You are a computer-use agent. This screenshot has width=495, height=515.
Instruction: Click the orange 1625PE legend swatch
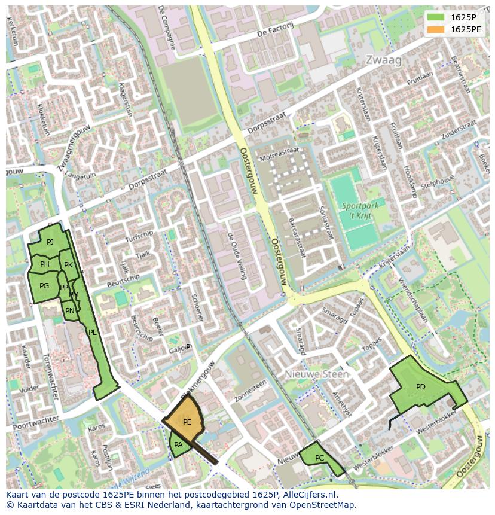pyautogui.click(x=437, y=29)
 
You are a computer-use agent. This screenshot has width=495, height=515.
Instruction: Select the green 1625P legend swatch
pyautogui.click(x=437, y=17)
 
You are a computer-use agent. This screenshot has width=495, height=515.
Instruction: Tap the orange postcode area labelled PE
pyautogui.click(x=187, y=422)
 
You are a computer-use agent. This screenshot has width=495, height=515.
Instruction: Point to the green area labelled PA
pyautogui.click(x=178, y=445)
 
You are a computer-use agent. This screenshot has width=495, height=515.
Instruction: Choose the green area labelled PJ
pyautogui.click(x=50, y=242)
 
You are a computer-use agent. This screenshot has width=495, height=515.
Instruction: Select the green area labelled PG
pyautogui.click(x=44, y=286)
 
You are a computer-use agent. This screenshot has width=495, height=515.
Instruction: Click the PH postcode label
pyautogui.click(x=45, y=264)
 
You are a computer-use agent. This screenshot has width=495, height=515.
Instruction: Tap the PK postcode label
pyautogui.click(x=68, y=265)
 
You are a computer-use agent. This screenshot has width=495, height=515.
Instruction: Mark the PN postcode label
pyautogui.click(x=70, y=310)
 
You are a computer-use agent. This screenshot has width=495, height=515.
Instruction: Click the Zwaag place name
pyautogui.click(x=384, y=60)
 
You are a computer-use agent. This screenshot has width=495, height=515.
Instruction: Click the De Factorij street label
pyautogui.click(x=276, y=29)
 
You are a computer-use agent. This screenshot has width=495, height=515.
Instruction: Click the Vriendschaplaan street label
pyautogui.click(x=412, y=297)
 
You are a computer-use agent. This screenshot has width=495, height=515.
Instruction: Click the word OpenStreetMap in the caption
pyautogui.click(x=323, y=505)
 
